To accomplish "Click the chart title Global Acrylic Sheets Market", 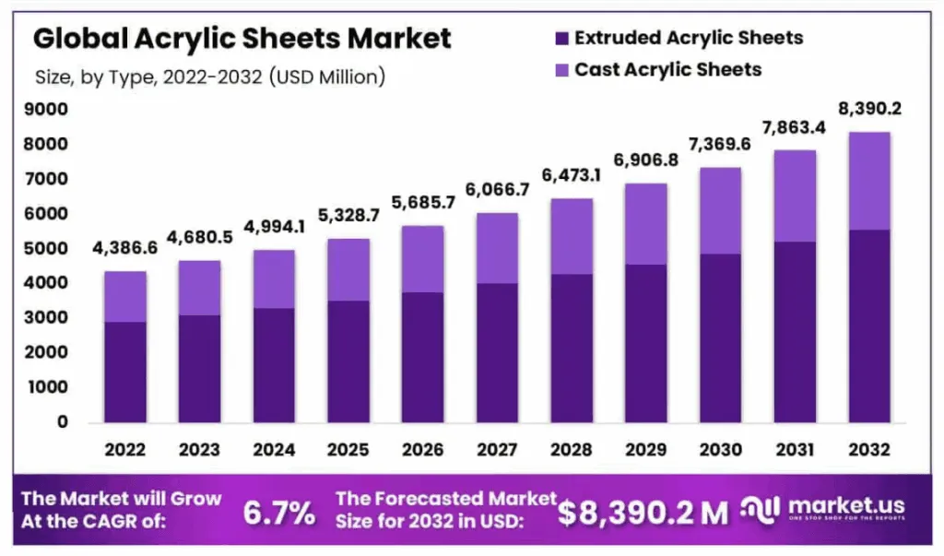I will pos(242,39).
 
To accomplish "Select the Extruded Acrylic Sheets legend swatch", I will pos(560,39).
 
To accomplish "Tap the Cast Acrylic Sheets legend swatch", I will pos(560,70).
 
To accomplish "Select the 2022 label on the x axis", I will pos(124,450).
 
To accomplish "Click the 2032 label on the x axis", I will pos(869,450).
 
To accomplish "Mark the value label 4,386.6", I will pos(124,249).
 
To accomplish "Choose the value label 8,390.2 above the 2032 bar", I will pos(869,110).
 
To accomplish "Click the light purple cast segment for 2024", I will pos(274,278).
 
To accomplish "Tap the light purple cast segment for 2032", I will pos(869,181).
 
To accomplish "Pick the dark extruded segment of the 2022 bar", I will pos(124,372).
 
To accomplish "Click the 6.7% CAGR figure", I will pos(279,513).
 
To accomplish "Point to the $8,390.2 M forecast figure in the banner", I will pos(643,513).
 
